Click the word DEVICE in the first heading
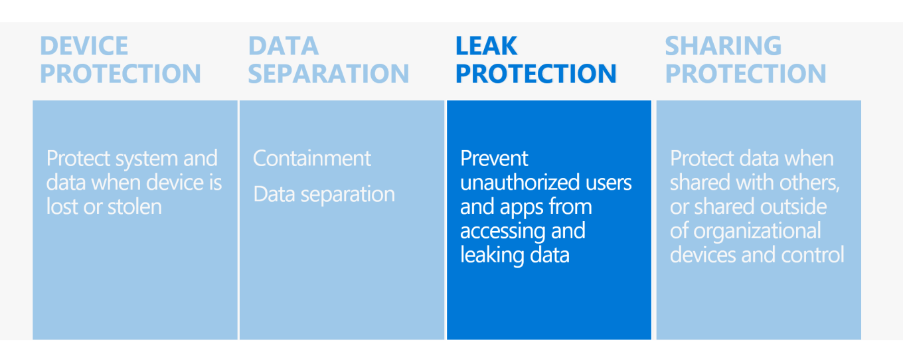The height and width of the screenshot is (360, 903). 84,46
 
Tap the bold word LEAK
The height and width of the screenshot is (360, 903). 486,46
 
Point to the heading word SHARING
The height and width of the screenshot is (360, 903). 723,46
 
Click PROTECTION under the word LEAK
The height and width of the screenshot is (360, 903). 536,74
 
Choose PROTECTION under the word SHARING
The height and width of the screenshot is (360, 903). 746,74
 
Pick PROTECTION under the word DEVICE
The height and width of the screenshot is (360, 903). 120,74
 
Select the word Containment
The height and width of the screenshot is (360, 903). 312,159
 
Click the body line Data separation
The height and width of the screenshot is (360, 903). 324,195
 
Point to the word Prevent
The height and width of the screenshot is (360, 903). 494,159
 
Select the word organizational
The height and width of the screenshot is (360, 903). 757,231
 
